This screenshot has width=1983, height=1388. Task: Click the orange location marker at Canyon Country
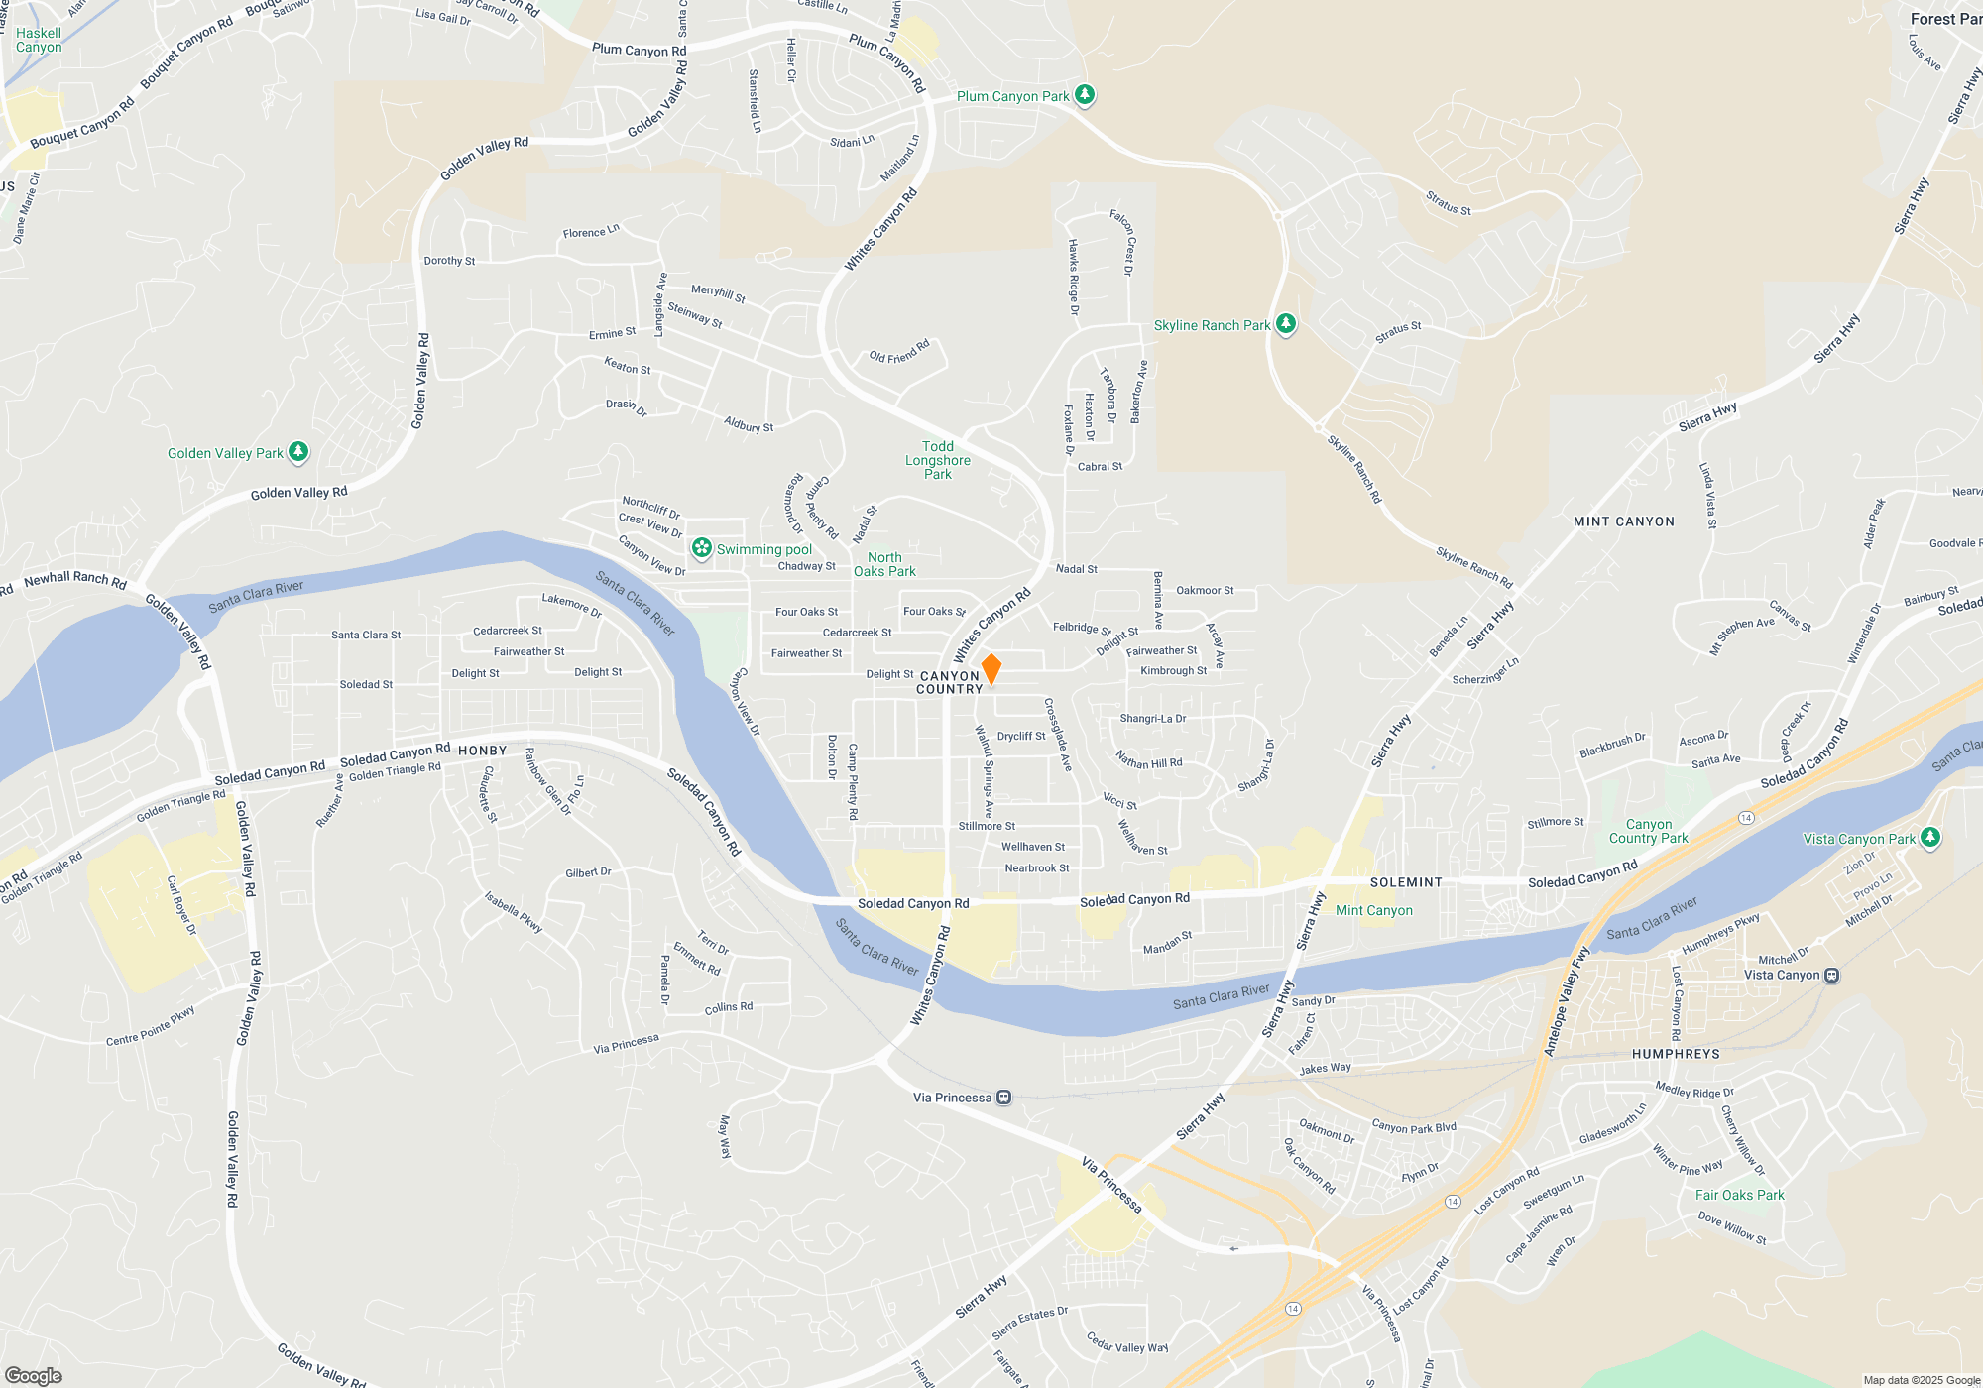point(991,669)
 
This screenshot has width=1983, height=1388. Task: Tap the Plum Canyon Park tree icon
point(1085,95)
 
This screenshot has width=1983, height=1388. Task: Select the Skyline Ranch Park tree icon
point(1286,324)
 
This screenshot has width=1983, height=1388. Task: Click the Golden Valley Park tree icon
point(298,453)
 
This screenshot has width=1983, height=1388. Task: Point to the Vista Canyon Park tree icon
point(1929,838)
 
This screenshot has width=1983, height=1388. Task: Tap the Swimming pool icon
point(702,548)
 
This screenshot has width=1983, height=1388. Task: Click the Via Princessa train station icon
point(1004,1098)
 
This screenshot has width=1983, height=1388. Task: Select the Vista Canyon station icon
point(1832,975)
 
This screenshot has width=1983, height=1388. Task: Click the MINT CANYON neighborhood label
point(1623,521)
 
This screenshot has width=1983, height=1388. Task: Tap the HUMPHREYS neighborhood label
point(1676,1054)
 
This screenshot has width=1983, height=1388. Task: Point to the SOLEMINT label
point(1406,882)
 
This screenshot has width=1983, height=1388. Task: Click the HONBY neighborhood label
point(483,751)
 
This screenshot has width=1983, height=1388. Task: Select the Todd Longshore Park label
point(938,460)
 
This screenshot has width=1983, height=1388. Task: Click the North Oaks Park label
point(884,564)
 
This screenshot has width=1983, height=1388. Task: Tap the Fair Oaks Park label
point(1739,1195)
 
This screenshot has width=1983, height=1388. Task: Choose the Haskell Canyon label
point(39,40)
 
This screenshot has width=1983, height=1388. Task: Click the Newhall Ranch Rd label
point(75,579)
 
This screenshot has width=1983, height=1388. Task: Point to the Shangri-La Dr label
point(1152,719)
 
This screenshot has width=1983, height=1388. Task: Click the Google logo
point(34,1376)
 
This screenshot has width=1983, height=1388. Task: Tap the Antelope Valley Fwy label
point(1566,1002)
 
